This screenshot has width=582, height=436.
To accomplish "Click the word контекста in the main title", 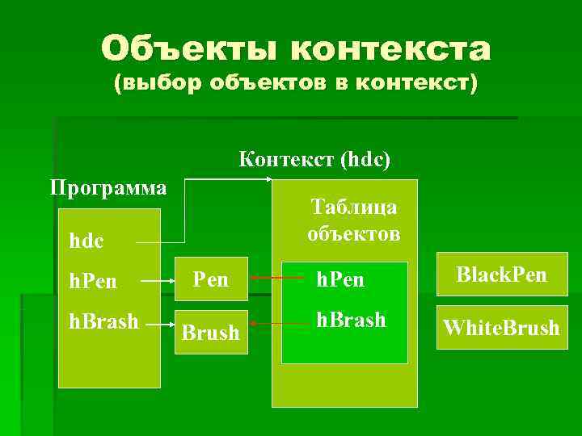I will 391,50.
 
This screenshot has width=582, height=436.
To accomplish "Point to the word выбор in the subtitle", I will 168,84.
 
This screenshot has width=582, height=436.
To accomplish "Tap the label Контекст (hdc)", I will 315,159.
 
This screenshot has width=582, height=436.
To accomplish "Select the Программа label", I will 108,188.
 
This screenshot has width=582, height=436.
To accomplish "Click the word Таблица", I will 353,207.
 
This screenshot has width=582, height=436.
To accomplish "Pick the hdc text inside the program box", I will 86,241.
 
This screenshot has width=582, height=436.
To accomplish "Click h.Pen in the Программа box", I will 93,281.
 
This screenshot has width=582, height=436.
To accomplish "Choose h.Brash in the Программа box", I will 103,321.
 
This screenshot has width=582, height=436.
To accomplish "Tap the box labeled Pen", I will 210,279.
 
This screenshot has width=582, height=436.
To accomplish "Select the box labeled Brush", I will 210,332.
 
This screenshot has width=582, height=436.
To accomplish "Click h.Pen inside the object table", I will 341,279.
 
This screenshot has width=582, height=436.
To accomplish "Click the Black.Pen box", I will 501,275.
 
